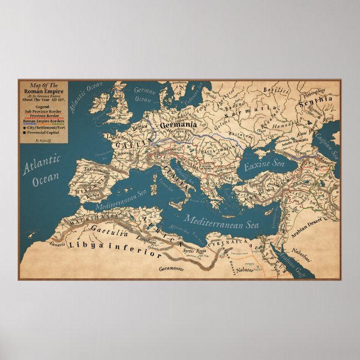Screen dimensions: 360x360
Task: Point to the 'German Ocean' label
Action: point(145,94)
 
